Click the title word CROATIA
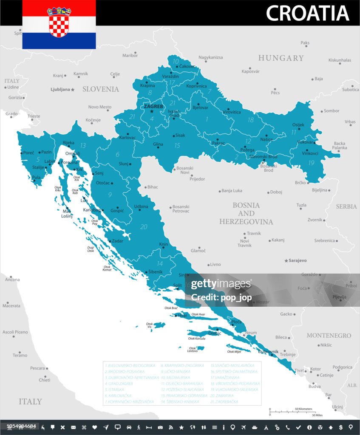pos(308,13)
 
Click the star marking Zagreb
pos(151,112)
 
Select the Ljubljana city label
pos(60,89)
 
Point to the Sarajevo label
pos(298,260)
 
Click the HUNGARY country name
pos(281,58)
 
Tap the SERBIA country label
pos(346,206)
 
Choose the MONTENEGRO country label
pos(329,335)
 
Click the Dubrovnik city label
pos(268,352)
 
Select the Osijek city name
pos(298,124)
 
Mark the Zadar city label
pos(117,240)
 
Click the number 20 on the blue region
pos(144,227)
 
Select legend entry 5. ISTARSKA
pos(114,389)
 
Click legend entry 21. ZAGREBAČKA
pos(224,401)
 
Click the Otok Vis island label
pos(149,325)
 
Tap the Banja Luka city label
pos(232,191)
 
